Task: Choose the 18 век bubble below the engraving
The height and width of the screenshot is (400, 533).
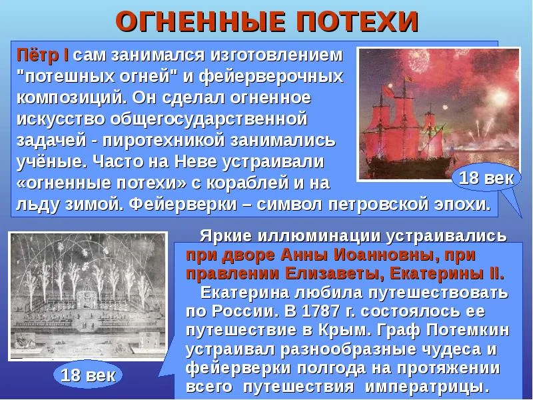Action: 88,375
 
